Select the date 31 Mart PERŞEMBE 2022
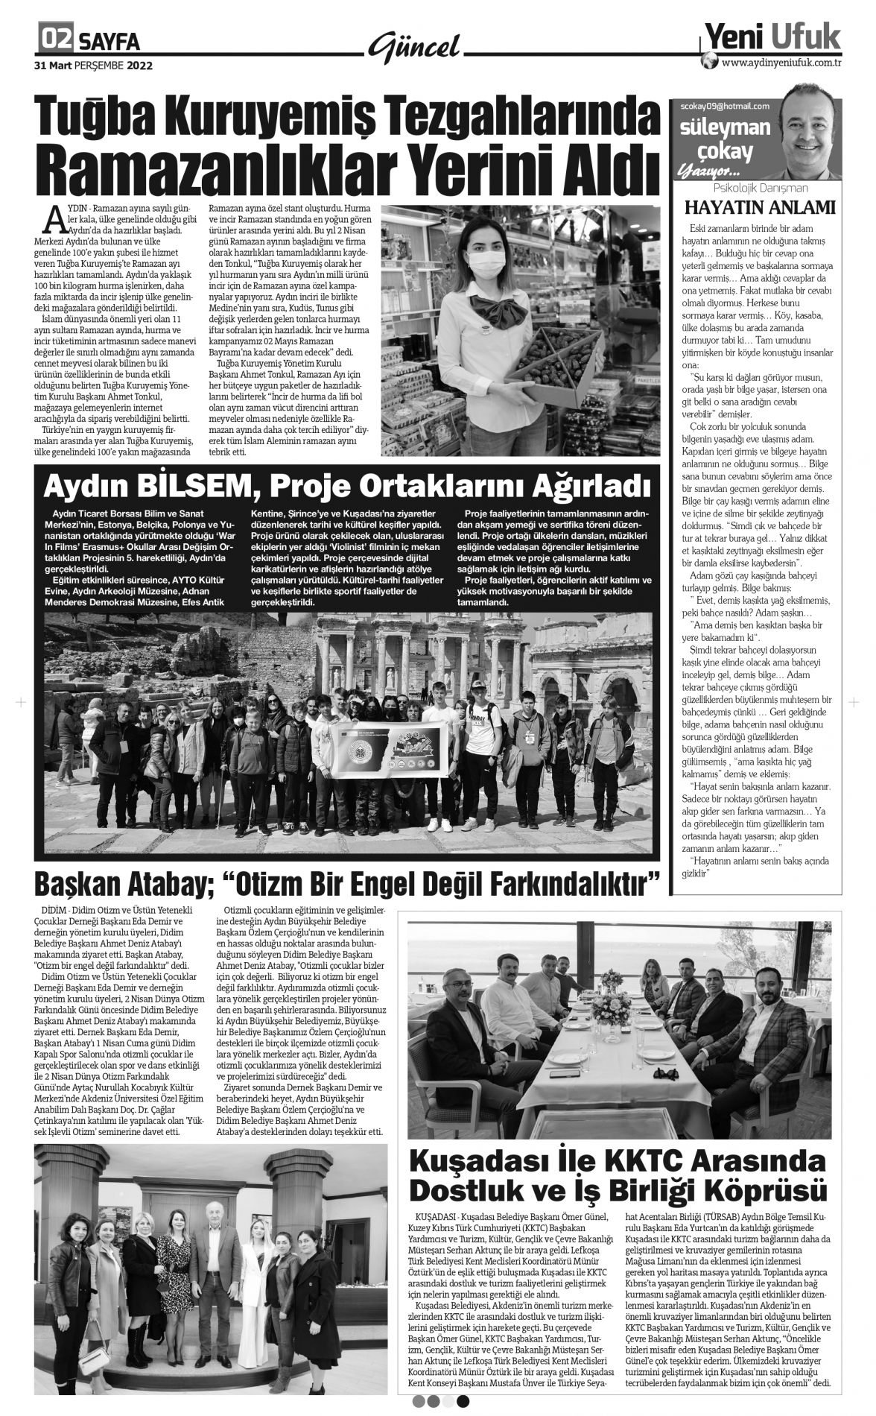(93, 65)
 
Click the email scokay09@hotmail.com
(725, 106)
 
